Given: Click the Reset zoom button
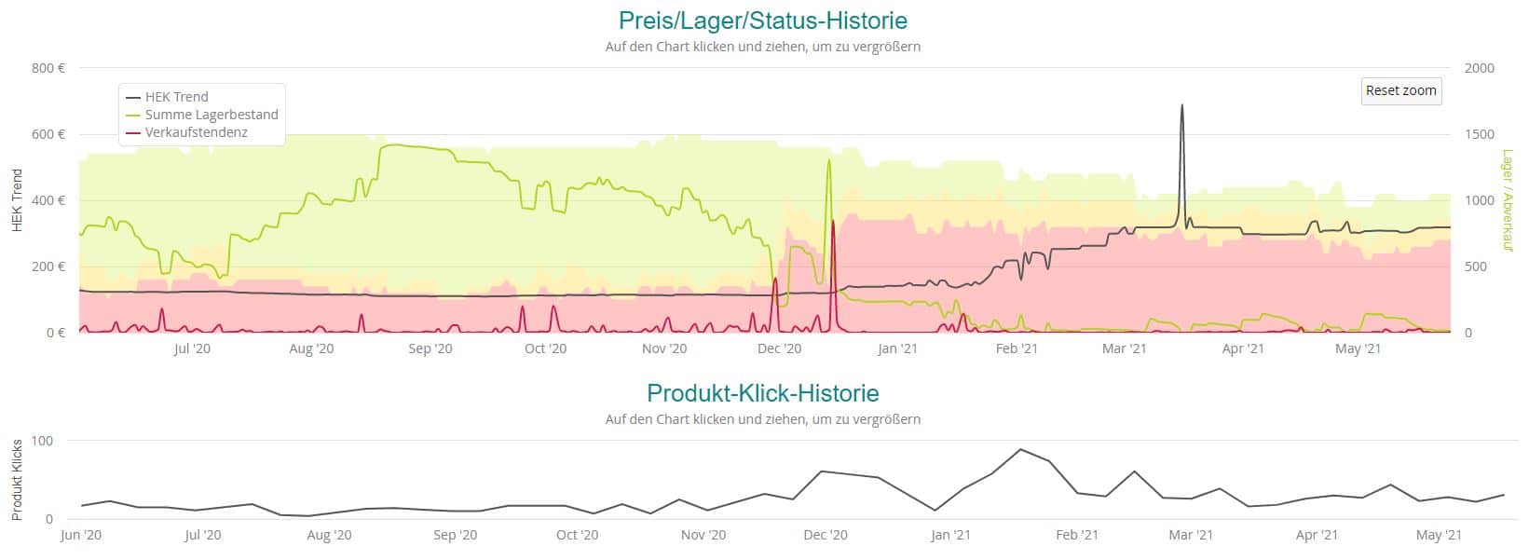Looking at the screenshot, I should point(1400,90).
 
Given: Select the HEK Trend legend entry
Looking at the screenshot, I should point(176,97).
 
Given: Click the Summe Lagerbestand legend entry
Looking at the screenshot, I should point(212,115).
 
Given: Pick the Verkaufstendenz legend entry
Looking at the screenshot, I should point(196,132).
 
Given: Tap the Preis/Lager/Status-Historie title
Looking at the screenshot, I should point(762,20).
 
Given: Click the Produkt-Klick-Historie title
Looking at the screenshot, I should point(762,392).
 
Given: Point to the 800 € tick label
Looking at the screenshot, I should point(48,68).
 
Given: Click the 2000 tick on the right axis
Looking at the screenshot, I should point(1479,68).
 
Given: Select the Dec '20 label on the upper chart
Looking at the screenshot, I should point(780,349).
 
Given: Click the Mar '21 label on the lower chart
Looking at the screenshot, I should point(1191,535).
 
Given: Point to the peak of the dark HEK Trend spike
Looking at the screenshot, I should point(1181,105).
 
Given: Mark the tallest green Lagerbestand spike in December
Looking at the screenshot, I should point(828,160).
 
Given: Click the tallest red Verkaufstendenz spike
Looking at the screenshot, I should point(833,222).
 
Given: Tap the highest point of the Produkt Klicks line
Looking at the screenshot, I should point(1020,449).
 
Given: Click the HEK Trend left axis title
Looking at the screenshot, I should point(16,200).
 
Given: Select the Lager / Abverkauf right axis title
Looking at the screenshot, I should point(1507,200).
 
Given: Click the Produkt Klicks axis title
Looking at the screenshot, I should point(16,479).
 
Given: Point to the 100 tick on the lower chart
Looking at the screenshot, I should point(43,441).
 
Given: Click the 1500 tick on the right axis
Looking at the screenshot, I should point(1479,134).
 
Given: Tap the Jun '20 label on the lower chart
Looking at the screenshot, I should point(81,535).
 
